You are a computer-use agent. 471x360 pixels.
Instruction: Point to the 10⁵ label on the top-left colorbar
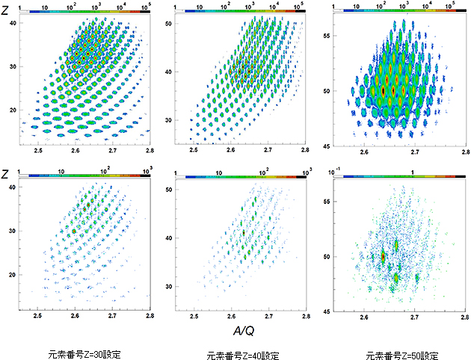click(153, 5)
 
